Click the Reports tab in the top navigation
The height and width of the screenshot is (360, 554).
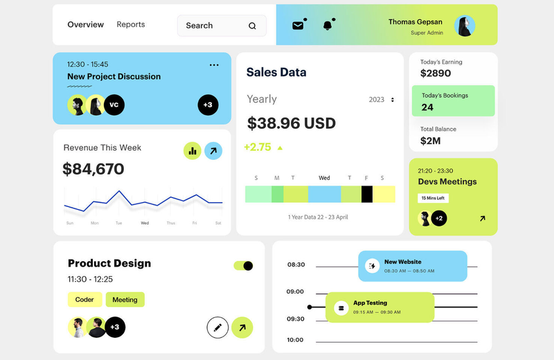(131, 24)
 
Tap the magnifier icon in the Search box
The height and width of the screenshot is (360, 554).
(252, 26)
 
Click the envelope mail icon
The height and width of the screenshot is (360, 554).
(298, 26)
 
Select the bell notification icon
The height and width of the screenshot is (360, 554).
(328, 26)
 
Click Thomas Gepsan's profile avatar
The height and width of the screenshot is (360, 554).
(465, 26)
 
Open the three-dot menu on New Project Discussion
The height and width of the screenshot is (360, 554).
(214, 65)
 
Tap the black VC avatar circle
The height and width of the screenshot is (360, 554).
(114, 105)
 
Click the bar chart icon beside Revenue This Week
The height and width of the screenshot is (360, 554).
(193, 151)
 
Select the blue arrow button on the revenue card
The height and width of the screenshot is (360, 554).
(213, 151)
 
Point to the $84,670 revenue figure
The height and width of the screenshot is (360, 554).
(93, 169)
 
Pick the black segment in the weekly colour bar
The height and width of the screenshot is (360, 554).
(367, 195)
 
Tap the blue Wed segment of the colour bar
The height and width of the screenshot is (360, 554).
(324, 195)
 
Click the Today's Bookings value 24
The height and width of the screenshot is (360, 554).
(427, 107)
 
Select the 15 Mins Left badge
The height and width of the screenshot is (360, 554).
(434, 198)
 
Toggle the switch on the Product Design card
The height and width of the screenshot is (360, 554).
(244, 266)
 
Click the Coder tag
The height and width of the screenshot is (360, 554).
(84, 300)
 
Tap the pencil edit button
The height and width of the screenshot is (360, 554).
(217, 327)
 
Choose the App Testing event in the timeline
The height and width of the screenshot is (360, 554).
(379, 307)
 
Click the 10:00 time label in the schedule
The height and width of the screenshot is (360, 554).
(295, 340)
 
